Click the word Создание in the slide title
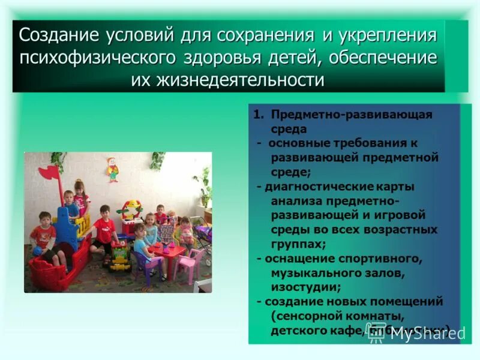(54, 34)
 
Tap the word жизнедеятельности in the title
(228, 80)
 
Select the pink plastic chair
(190, 264)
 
